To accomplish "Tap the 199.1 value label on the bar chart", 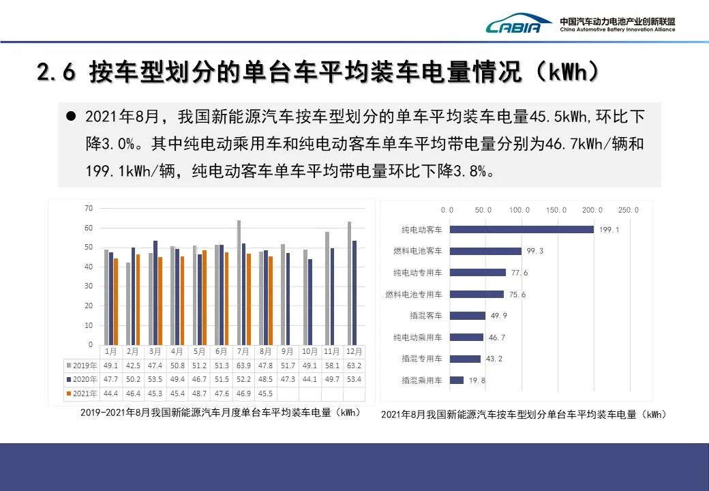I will (x=608, y=230).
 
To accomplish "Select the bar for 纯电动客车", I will (x=522, y=230).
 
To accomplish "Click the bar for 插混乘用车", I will (x=457, y=380).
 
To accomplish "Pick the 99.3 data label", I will (x=535, y=251).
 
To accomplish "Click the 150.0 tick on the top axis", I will (x=555, y=210).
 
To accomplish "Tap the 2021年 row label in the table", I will (x=82, y=393).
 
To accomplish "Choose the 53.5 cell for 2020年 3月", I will (x=155, y=379).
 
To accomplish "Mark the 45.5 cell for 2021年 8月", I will (x=266, y=393).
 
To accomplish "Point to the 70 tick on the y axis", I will (x=89, y=207).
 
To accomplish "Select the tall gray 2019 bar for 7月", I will (x=239, y=282).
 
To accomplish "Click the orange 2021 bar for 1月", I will (x=116, y=301).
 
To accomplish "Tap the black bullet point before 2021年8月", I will (x=70, y=117).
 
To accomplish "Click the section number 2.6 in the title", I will (x=55, y=73).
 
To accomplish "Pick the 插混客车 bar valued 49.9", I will (x=468, y=316).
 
